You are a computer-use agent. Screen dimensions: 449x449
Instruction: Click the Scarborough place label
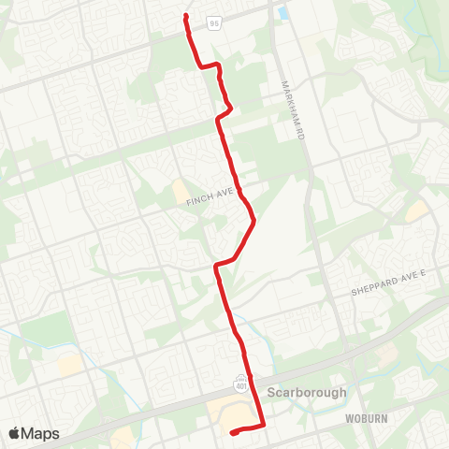click(307, 393)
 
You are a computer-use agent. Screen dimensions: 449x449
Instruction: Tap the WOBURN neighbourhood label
click(365, 418)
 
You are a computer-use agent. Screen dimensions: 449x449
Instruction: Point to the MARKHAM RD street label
click(287, 105)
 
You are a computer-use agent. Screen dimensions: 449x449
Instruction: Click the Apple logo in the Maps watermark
click(16, 433)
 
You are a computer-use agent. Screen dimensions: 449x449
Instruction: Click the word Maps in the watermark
click(41, 433)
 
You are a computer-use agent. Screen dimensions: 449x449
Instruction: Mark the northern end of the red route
click(187, 17)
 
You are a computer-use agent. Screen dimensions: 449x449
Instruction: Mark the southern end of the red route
click(231, 432)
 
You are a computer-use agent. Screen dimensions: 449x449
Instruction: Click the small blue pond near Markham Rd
click(283, 14)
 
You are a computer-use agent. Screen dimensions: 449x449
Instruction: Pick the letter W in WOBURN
click(347, 418)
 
